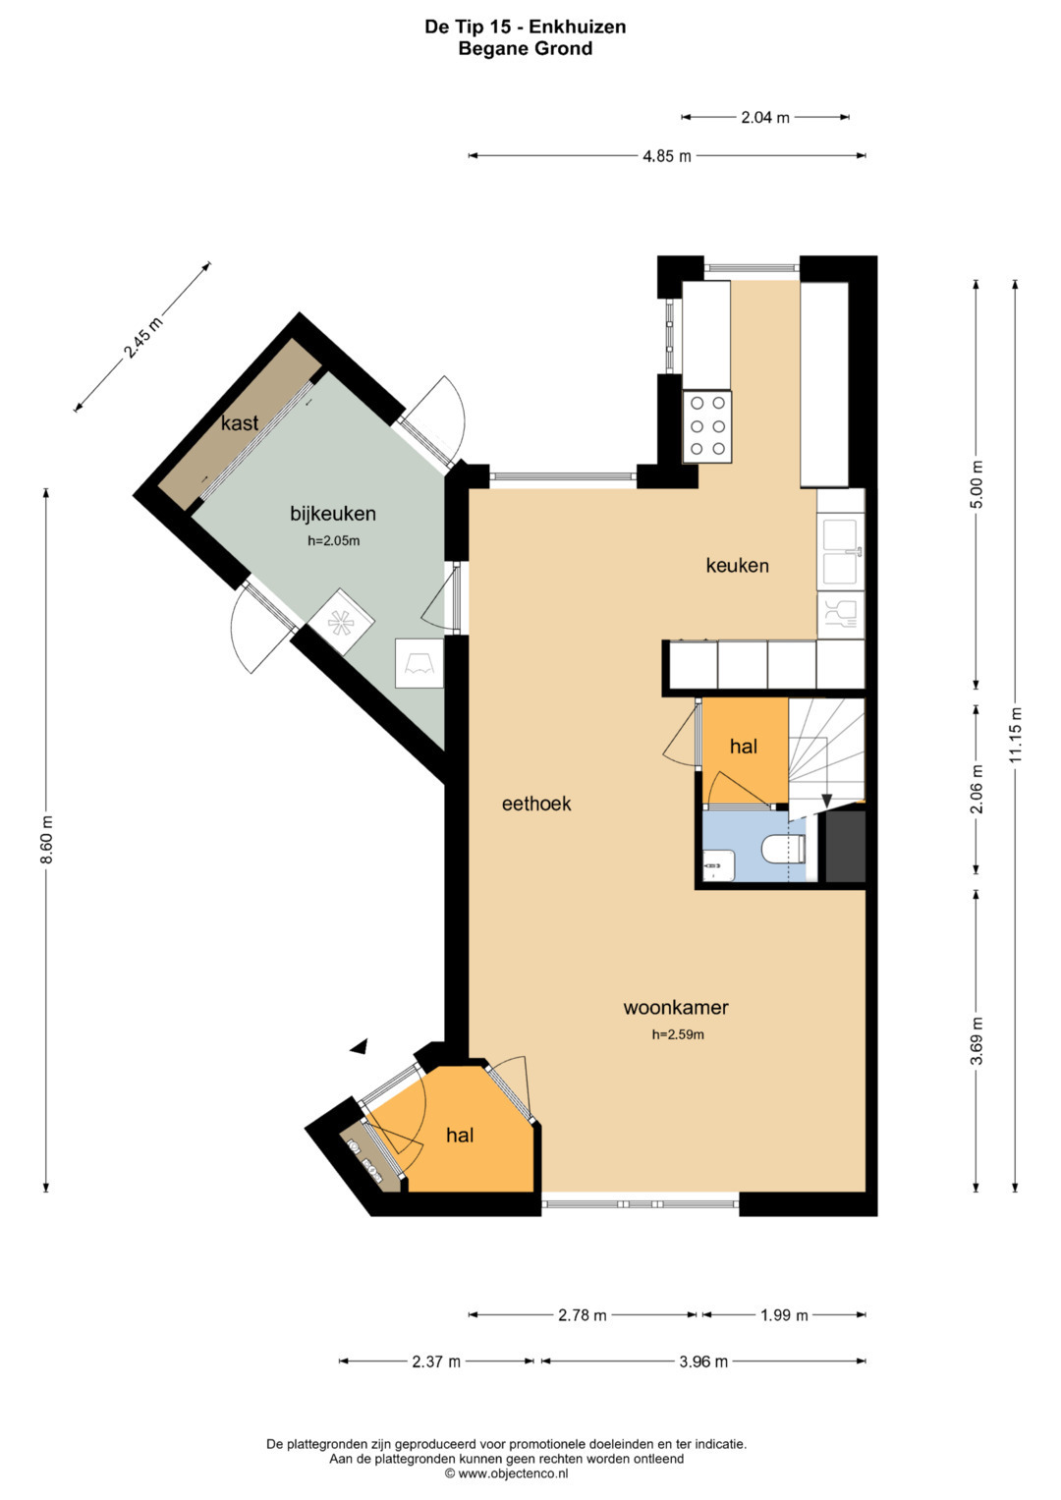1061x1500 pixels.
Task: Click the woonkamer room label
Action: pyautogui.click(x=675, y=1007)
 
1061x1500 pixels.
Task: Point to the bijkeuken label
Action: pyautogui.click(x=333, y=514)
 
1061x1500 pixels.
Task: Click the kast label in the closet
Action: pyautogui.click(x=240, y=422)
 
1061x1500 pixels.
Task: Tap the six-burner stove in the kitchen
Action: pyautogui.click(x=706, y=426)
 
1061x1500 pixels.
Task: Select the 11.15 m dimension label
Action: pyautogui.click(x=1016, y=734)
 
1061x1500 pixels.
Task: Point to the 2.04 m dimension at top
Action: pyautogui.click(x=765, y=118)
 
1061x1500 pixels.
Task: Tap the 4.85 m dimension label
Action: pyautogui.click(x=666, y=157)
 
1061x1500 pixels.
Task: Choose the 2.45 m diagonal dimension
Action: pyautogui.click(x=142, y=338)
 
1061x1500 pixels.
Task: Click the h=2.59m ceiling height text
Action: pyautogui.click(x=678, y=1034)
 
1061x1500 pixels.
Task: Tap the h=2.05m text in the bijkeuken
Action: pyautogui.click(x=334, y=541)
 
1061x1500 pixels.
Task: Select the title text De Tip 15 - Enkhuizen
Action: pyautogui.click(x=526, y=27)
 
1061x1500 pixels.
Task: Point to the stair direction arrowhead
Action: pyautogui.click(x=826, y=801)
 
